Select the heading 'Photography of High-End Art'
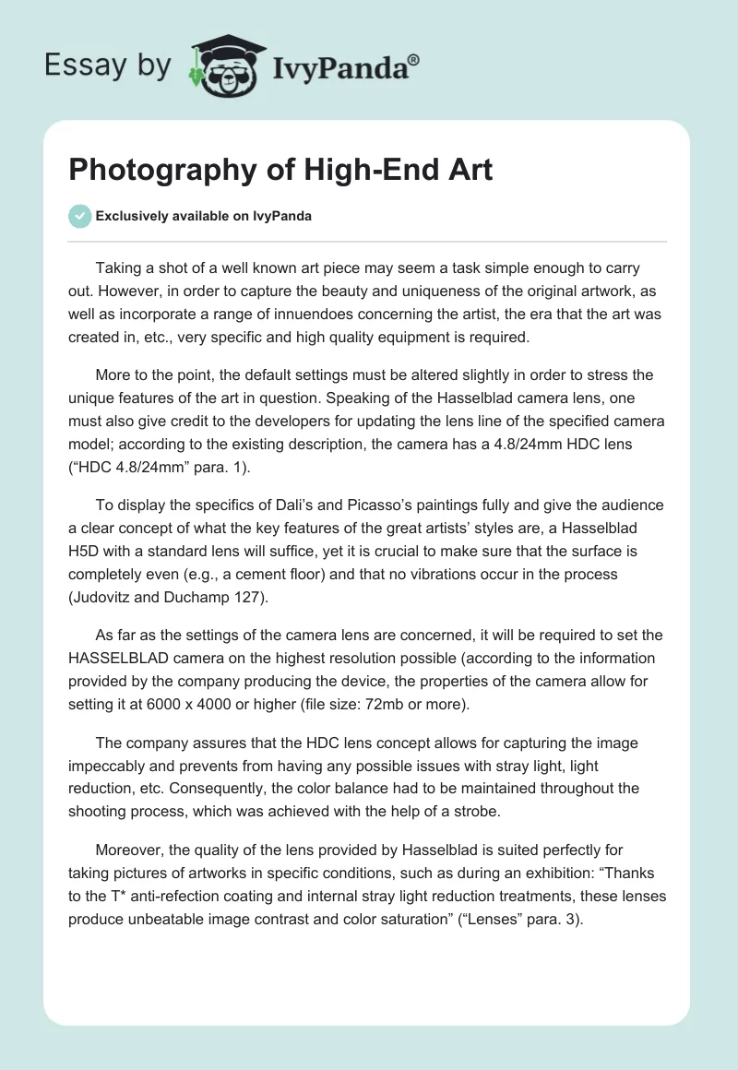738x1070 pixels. [x=280, y=170]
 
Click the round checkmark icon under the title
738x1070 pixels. [x=78, y=216]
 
